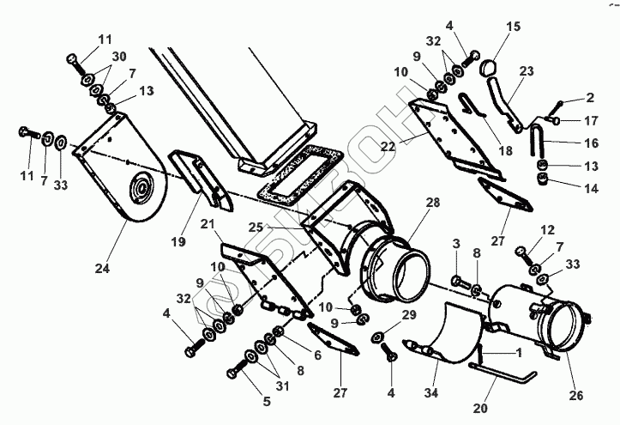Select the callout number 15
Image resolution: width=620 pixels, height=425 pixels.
pyautogui.click(x=513, y=27)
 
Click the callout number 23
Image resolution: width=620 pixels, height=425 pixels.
pyautogui.click(x=526, y=72)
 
